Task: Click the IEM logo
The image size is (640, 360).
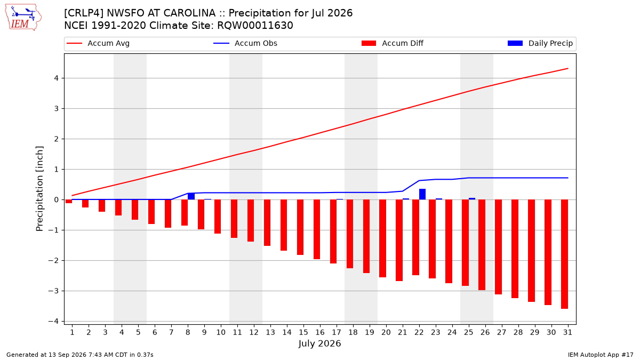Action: point(23,18)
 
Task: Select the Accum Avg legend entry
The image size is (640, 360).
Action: point(98,43)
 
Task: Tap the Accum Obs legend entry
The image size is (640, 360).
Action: point(245,43)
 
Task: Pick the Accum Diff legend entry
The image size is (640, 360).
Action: point(393,43)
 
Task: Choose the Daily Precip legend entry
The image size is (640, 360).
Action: point(540,43)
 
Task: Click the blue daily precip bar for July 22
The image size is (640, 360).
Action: point(422,194)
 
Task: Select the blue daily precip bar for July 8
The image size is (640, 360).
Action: point(191,196)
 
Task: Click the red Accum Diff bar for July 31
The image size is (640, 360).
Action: point(565,254)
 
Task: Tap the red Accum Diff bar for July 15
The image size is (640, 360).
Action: point(300,227)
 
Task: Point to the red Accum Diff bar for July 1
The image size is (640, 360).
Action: point(69,202)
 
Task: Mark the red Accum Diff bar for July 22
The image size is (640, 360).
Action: point(415,237)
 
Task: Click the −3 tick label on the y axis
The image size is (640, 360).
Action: point(53,291)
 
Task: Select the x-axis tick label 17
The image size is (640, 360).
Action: point(337,332)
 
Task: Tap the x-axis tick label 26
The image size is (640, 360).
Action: point(485,332)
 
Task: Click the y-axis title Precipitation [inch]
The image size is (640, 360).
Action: point(39,189)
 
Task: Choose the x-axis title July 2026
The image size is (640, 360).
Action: point(319,343)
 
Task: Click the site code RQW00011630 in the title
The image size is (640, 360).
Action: point(255,26)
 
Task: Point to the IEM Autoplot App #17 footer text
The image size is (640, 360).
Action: point(601,355)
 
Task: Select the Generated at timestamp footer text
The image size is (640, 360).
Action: point(79,355)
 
